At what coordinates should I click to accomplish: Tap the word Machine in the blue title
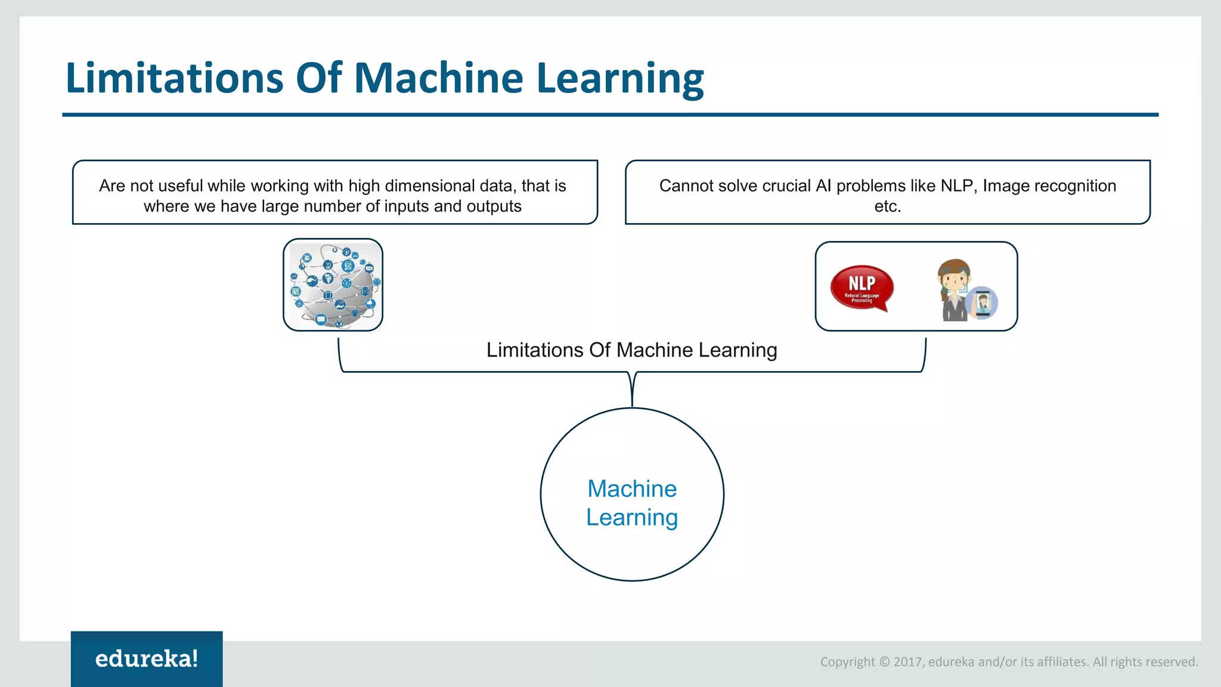pos(438,78)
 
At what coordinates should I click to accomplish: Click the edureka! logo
pos(147,658)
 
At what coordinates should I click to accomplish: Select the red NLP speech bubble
pos(861,287)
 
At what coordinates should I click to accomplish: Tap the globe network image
pos(333,285)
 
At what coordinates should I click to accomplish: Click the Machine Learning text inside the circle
pos(632,503)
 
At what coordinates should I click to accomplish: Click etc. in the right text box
pos(887,206)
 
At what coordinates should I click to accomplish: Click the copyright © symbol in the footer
pos(884,662)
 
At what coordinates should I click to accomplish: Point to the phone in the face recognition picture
pos(983,303)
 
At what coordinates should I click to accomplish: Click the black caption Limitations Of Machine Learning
pos(631,350)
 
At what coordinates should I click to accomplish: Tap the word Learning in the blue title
pos(620,78)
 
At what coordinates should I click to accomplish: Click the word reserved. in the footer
pos(1171,662)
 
